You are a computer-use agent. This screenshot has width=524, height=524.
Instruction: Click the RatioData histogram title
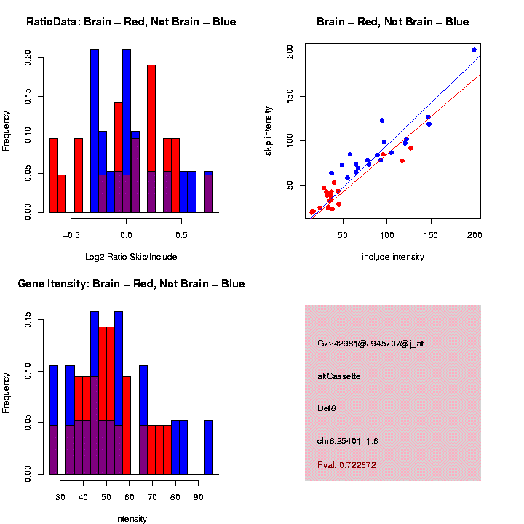pyautogui.click(x=131, y=23)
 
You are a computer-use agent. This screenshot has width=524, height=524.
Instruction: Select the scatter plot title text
pyautogui.click(x=392, y=23)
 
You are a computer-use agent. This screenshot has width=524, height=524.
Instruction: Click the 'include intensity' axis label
pyautogui.click(x=393, y=257)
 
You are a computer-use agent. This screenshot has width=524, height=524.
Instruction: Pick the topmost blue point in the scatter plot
pyautogui.click(x=474, y=50)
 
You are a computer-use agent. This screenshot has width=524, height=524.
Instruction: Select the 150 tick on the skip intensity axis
pyautogui.click(x=290, y=96)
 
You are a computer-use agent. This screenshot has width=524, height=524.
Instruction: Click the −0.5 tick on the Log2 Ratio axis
pyautogui.click(x=71, y=235)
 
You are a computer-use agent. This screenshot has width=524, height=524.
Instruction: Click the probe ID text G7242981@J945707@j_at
pyautogui.click(x=370, y=344)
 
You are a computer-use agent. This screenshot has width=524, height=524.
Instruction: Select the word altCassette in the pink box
pyautogui.click(x=339, y=376)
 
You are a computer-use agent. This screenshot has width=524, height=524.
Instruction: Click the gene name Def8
pyautogui.click(x=327, y=408)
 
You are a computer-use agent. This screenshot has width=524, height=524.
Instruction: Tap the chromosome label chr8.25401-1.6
pyautogui.click(x=348, y=441)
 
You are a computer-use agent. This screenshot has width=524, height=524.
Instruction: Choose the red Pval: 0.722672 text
pyautogui.click(x=346, y=464)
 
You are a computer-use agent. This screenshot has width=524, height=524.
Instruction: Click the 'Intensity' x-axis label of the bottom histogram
pyautogui.click(x=131, y=519)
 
